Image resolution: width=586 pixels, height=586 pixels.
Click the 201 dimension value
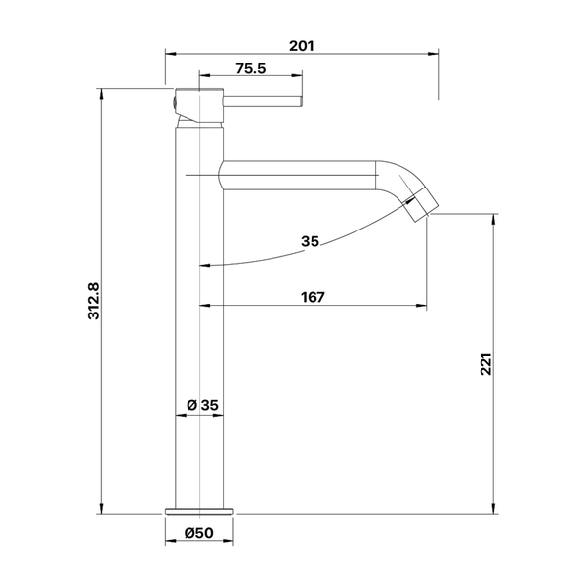click(302, 46)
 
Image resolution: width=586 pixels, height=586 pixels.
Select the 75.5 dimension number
click(251, 68)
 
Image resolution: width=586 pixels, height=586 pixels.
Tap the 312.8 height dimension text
click(94, 301)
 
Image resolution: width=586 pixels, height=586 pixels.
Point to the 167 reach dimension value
click(313, 297)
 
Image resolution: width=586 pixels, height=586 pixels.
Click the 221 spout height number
click(485, 363)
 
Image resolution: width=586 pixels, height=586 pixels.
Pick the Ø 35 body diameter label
click(202, 405)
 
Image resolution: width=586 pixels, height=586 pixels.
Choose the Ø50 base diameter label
click(199, 533)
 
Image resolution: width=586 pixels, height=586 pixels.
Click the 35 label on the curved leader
click(311, 242)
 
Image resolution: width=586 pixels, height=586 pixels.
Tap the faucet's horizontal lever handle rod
click(263, 102)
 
